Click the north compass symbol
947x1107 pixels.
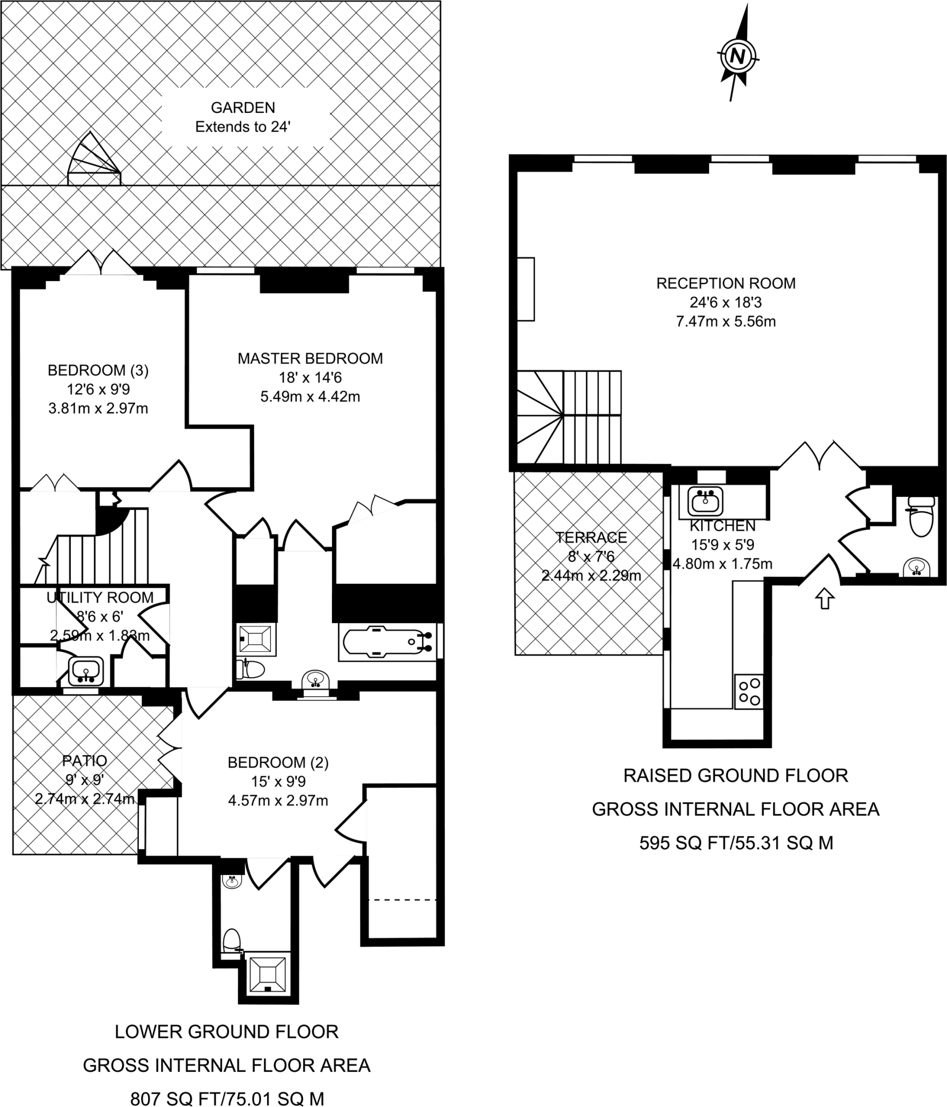click(738, 55)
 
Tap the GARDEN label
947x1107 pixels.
click(243, 108)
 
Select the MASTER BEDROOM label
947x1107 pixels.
click(310, 358)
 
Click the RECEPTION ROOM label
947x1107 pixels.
click(726, 283)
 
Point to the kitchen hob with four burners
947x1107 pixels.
click(749, 691)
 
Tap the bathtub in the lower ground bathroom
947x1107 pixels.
click(387, 642)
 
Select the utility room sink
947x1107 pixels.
click(85, 671)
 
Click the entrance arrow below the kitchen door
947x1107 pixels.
click(825, 599)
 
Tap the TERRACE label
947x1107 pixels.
click(591, 537)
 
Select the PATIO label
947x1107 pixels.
click(84, 761)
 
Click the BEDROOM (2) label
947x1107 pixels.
click(278, 763)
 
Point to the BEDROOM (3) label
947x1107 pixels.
click(98, 370)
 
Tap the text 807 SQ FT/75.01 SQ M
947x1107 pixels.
click(227, 1095)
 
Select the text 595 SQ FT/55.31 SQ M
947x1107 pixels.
click(736, 843)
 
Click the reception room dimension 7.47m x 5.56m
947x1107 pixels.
click(726, 322)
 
